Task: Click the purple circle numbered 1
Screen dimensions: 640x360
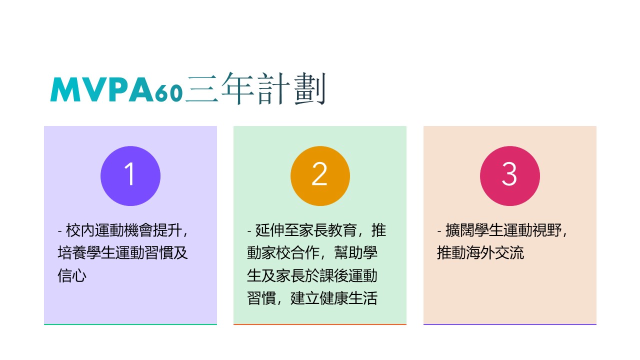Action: (x=130, y=176)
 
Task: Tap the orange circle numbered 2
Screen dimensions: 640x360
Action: (x=320, y=176)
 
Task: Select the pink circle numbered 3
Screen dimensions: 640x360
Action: (x=510, y=176)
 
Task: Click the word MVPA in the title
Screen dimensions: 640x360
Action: (x=102, y=89)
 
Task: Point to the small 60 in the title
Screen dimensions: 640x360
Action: (x=168, y=93)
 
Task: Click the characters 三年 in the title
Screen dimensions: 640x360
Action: (x=219, y=88)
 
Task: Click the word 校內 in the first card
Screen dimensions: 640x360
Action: (x=80, y=230)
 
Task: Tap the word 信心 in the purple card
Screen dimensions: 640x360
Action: (x=72, y=275)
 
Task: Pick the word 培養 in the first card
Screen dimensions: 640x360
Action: (x=72, y=253)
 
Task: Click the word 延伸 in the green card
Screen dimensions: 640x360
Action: (x=269, y=230)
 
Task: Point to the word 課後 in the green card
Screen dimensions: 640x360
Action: (x=333, y=275)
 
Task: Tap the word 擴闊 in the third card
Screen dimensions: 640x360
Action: (x=460, y=230)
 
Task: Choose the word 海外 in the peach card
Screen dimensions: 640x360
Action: (x=480, y=253)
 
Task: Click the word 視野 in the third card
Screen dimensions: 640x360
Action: (x=547, y=230)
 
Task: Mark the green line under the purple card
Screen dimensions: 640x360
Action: (x=130, y=324)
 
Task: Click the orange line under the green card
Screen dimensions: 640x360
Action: (x=320, y=324)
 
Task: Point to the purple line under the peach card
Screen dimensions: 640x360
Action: (x=510, y=324)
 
